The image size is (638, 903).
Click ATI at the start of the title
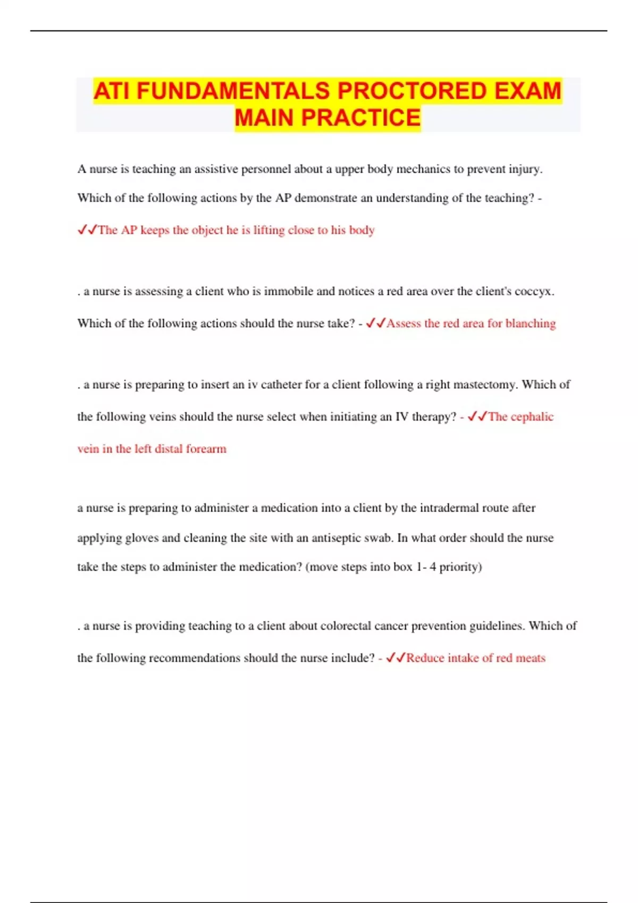tap(112, 91)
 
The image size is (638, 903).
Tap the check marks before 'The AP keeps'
tap(87, 229)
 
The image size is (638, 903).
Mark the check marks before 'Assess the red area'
tap(375, 323)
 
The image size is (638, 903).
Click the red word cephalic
tap(532, 417)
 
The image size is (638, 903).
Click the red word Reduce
tap(425, 658)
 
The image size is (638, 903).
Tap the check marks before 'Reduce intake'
tap(396, 658)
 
